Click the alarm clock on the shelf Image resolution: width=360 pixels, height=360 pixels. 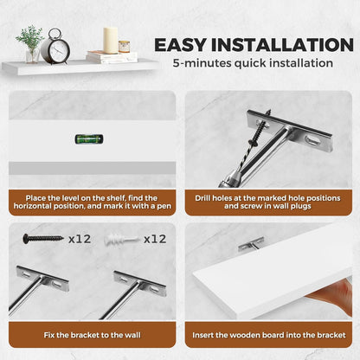(x=55, y=47)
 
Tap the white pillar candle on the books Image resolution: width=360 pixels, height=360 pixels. (x=111, y=41)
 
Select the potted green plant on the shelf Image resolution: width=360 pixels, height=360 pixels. (x=30, y=44)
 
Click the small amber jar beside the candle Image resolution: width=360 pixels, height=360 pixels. (x=124, y=47)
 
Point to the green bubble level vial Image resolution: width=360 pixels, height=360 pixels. (x=88, y=139)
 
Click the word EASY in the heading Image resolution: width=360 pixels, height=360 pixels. (x=180, y=45)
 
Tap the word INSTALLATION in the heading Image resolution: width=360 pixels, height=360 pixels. (x=282, y=45)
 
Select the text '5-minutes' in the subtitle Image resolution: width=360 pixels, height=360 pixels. (x=202, y=63)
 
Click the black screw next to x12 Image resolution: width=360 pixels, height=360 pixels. (x=43, y=238)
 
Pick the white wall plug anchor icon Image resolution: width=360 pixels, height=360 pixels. (x=121, y=240)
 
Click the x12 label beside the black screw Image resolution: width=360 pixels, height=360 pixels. (x=80, y=239)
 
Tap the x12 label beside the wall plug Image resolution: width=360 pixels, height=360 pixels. (x=155, y=239)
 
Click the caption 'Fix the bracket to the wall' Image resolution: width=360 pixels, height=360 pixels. (x=93, y=335)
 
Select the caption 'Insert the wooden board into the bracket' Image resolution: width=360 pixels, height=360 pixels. (x=269, y=335)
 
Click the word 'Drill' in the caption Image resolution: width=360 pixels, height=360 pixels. (x=202, y=198)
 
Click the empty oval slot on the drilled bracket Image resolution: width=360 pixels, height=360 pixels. (x=312, y=141)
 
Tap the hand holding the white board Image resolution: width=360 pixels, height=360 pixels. (x=335, y=297)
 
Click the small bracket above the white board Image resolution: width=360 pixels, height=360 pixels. (x=251, y=244)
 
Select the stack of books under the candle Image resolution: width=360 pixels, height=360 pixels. (x=112, y=57)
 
